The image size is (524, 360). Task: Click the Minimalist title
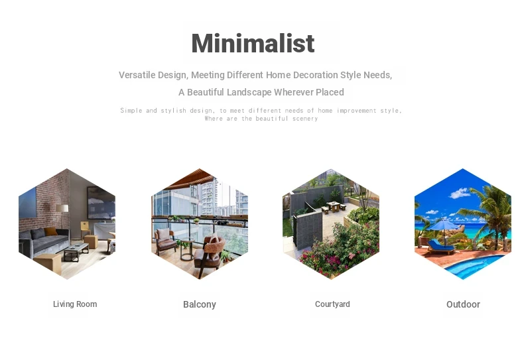[253, 43]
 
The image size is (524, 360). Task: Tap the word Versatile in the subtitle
[137, 75]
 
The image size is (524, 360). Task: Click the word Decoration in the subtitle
[316, 75]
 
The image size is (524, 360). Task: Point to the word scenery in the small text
[304, 119]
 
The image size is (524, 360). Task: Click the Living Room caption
[75, 304]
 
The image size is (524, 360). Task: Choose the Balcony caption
[200, 304]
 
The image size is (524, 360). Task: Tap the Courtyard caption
[332, 304]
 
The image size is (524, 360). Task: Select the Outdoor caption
[463, 304]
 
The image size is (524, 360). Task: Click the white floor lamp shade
[62, 208]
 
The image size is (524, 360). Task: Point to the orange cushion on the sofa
[50, 231]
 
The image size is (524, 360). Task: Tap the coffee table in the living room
[76, 252]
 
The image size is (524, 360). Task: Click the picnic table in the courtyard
[334, 207]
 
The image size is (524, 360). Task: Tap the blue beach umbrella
[444, 224]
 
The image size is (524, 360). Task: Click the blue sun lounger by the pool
[440, 247]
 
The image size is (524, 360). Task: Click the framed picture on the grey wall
[101, 204]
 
